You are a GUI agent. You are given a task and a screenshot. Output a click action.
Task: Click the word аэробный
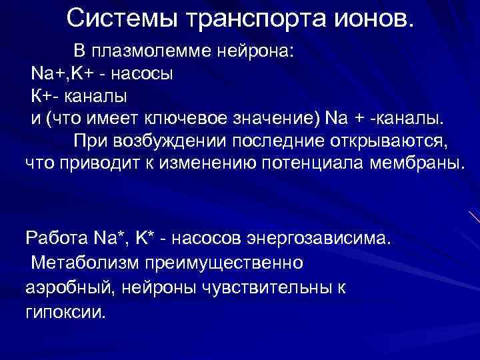[x=63, y=287]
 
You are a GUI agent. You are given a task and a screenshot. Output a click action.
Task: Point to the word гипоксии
[x=65, y=312]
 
